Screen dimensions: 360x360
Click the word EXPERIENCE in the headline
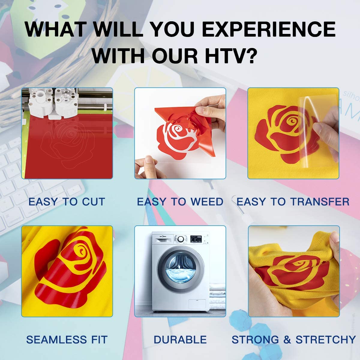click(x=269, y=29)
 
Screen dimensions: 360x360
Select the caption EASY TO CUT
click(x=67, y=202)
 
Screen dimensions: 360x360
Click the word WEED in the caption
click(x=207, y=202)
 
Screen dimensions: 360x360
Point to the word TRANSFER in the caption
click(x=320, y=202)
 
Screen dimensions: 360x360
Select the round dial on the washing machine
click(x=181, y=239)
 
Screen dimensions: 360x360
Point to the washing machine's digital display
click(x=196, y=239)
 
